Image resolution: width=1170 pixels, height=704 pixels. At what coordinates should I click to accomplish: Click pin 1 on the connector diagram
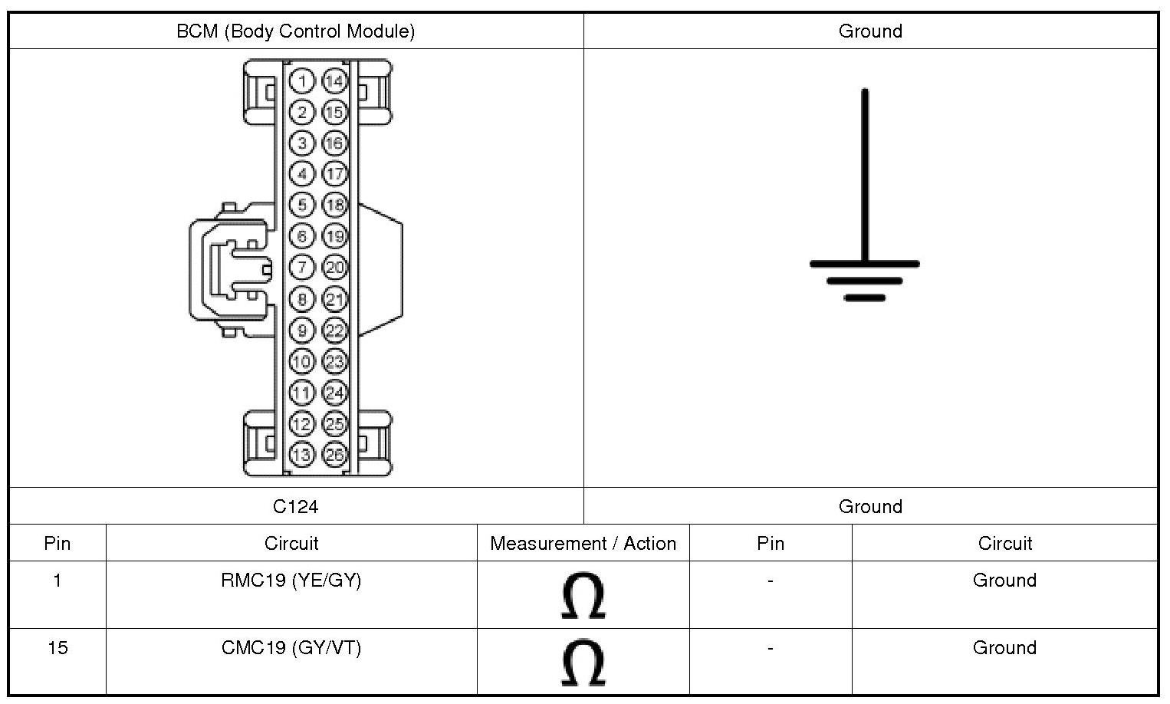pos(303,81)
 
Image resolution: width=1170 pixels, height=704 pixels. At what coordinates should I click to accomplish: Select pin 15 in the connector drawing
pos(334,112)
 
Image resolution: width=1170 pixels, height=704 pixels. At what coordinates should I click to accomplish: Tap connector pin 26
pos(334,454)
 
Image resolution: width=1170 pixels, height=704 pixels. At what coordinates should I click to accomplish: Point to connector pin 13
pos(303,454)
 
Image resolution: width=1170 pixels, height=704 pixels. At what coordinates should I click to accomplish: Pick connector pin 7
pos(303,267)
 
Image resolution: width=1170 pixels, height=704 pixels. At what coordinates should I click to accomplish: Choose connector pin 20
pos(334,267)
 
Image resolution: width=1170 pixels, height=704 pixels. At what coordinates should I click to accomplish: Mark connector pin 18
pos(334,205)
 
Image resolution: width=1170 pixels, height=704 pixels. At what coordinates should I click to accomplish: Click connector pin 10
pos(303,360)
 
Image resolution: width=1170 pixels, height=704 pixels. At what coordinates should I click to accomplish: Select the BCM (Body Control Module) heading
pos(296,31)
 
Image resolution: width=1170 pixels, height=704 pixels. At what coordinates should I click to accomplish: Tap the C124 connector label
pos(296,506)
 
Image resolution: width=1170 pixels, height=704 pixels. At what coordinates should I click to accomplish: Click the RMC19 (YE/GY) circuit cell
pos(291,581)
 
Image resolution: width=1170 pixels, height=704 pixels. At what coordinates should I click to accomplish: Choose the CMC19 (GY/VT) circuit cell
pos(291,648)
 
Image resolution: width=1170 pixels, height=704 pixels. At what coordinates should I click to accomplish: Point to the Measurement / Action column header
pos(583,544)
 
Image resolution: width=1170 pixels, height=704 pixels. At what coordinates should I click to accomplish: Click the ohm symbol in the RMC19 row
pos(583,595)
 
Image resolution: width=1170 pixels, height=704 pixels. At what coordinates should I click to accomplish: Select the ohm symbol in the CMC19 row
pos(583,663)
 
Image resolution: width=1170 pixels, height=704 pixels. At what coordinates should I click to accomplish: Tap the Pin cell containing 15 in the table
pos(58,648)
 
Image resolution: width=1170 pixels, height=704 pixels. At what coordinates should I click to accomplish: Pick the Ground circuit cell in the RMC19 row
pos(1004,581)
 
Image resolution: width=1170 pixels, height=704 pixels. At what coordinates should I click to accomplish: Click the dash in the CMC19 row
pos(770,648)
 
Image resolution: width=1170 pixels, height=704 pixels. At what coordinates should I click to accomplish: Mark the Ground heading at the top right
pos(870,31)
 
